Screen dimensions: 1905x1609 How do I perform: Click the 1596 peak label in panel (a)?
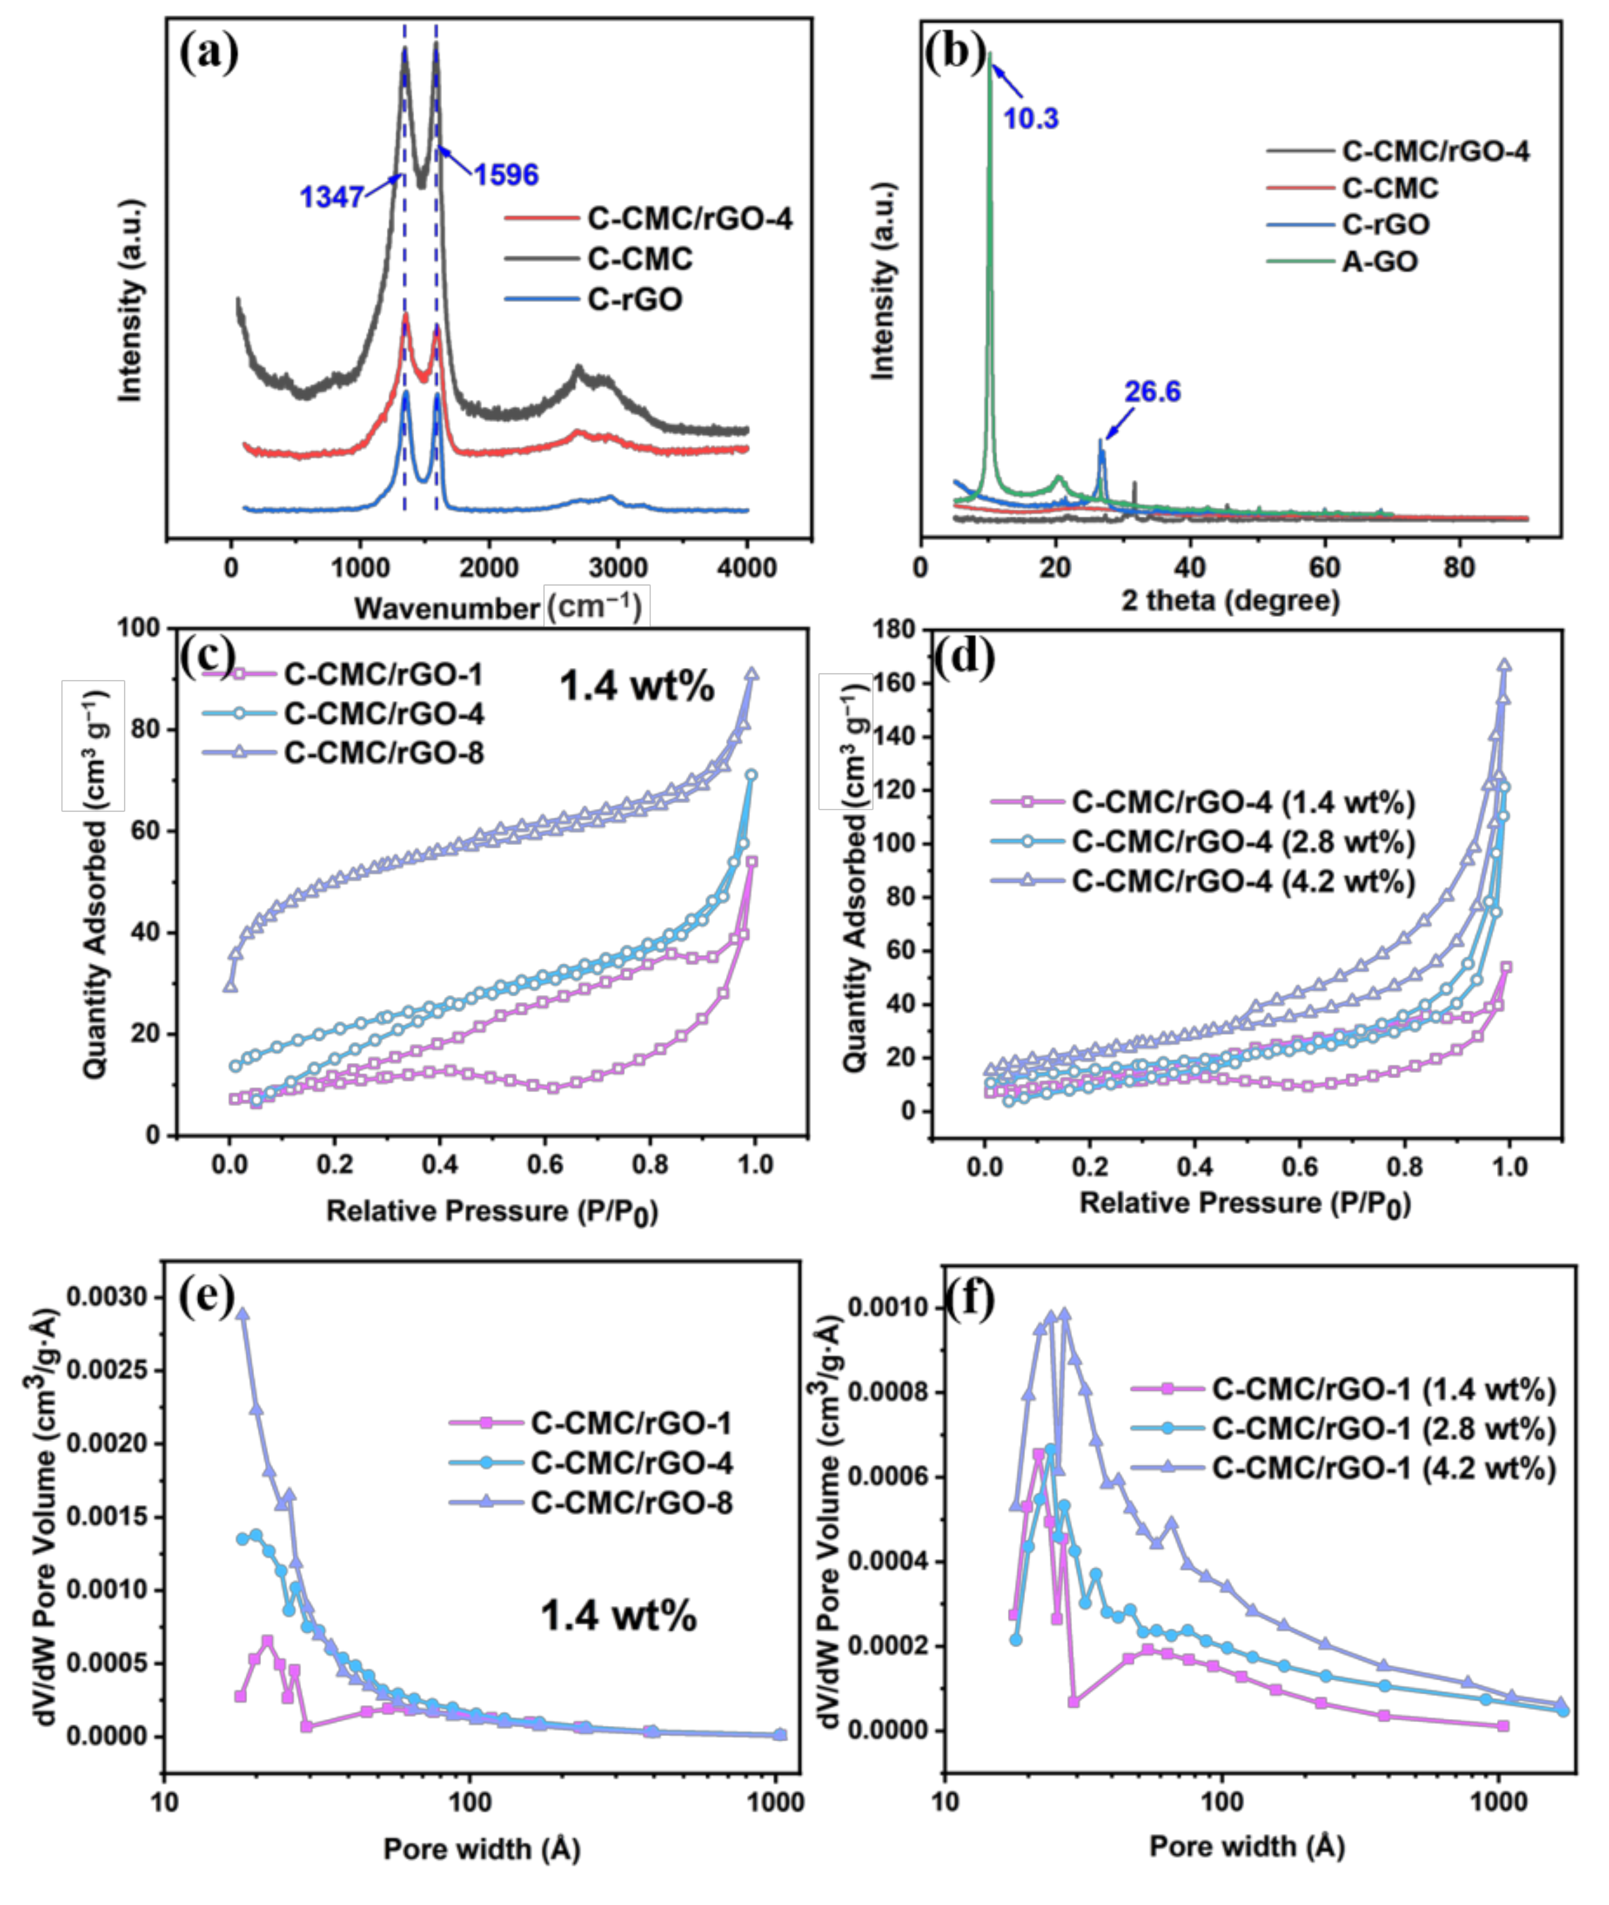point(506,174)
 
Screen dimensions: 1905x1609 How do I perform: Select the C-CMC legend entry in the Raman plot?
point(639,259)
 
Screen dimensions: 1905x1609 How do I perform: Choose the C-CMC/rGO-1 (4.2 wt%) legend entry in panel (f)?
point(1383,1469)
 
